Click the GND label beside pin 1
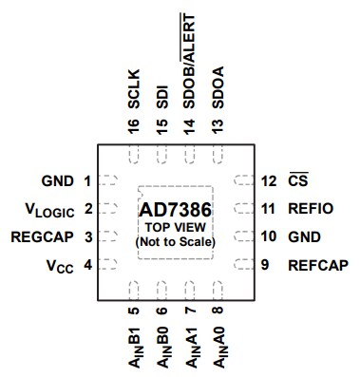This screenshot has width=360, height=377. click(x=58, y=179)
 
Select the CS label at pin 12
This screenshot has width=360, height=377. click(x=297, y=179)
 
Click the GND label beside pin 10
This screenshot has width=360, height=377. click(x=304, y=236)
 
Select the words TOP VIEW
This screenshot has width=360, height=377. click(x=178, y=228)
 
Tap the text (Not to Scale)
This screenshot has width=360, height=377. click(x=178, y=242)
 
